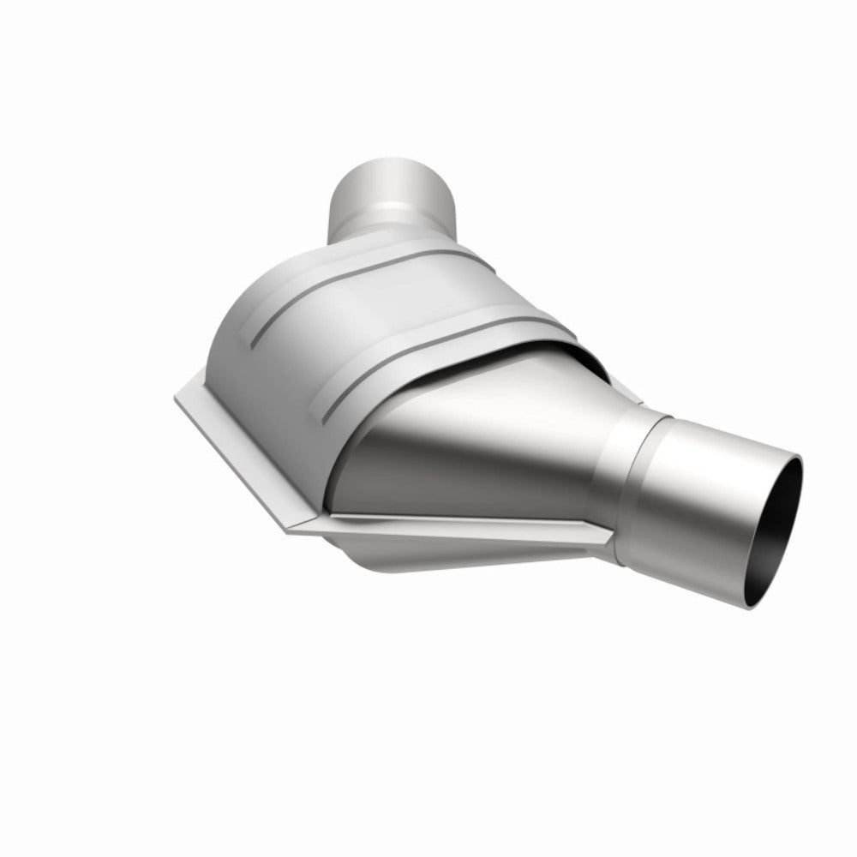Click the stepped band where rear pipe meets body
click(x=390, y=230)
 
